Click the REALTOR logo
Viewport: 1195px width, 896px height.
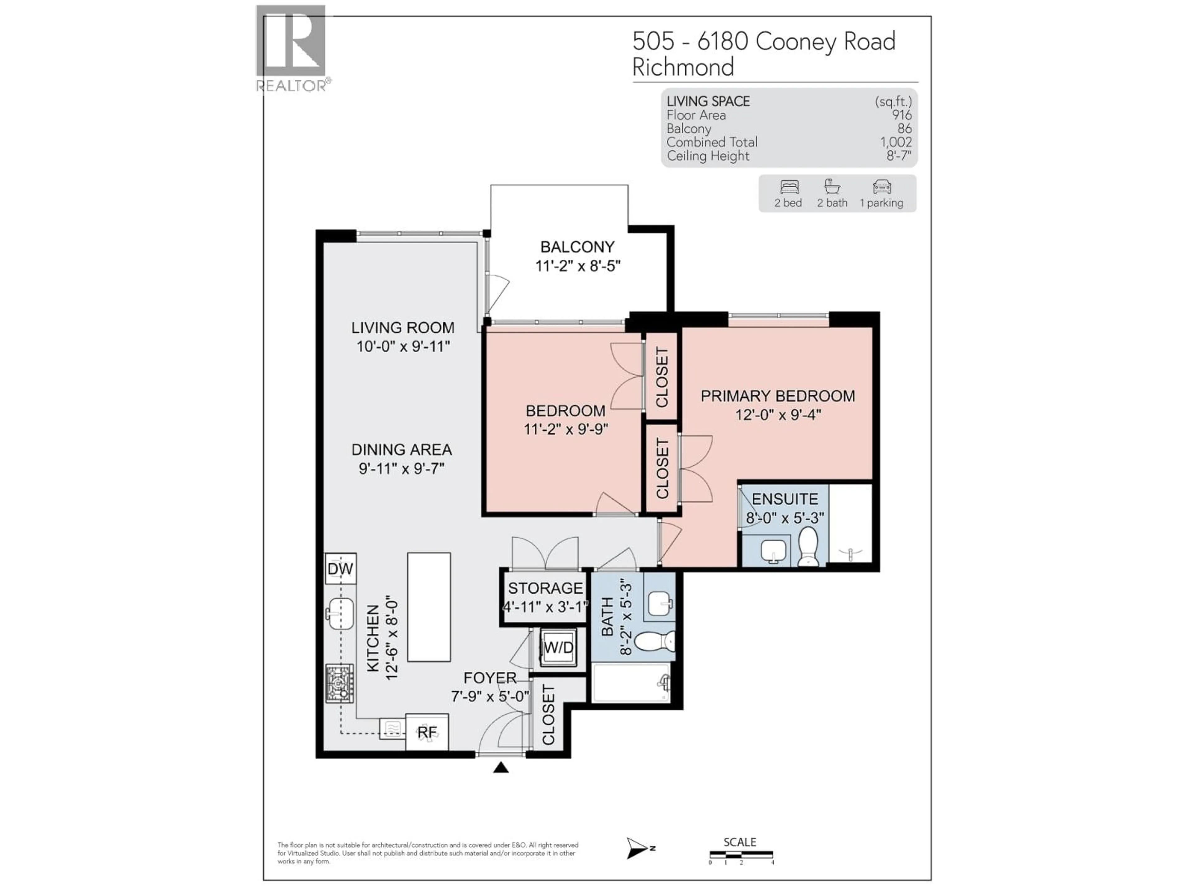point(291,48)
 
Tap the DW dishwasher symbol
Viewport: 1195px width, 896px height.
point(340,569)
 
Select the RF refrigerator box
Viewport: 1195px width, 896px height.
point(427,732)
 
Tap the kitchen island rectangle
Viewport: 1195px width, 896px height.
point(429,607)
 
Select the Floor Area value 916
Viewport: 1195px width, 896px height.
point(902,115)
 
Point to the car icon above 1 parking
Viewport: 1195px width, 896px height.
point(882,187)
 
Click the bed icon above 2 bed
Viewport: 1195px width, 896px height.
point(789,187)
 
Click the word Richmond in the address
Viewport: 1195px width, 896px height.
point(683,68)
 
